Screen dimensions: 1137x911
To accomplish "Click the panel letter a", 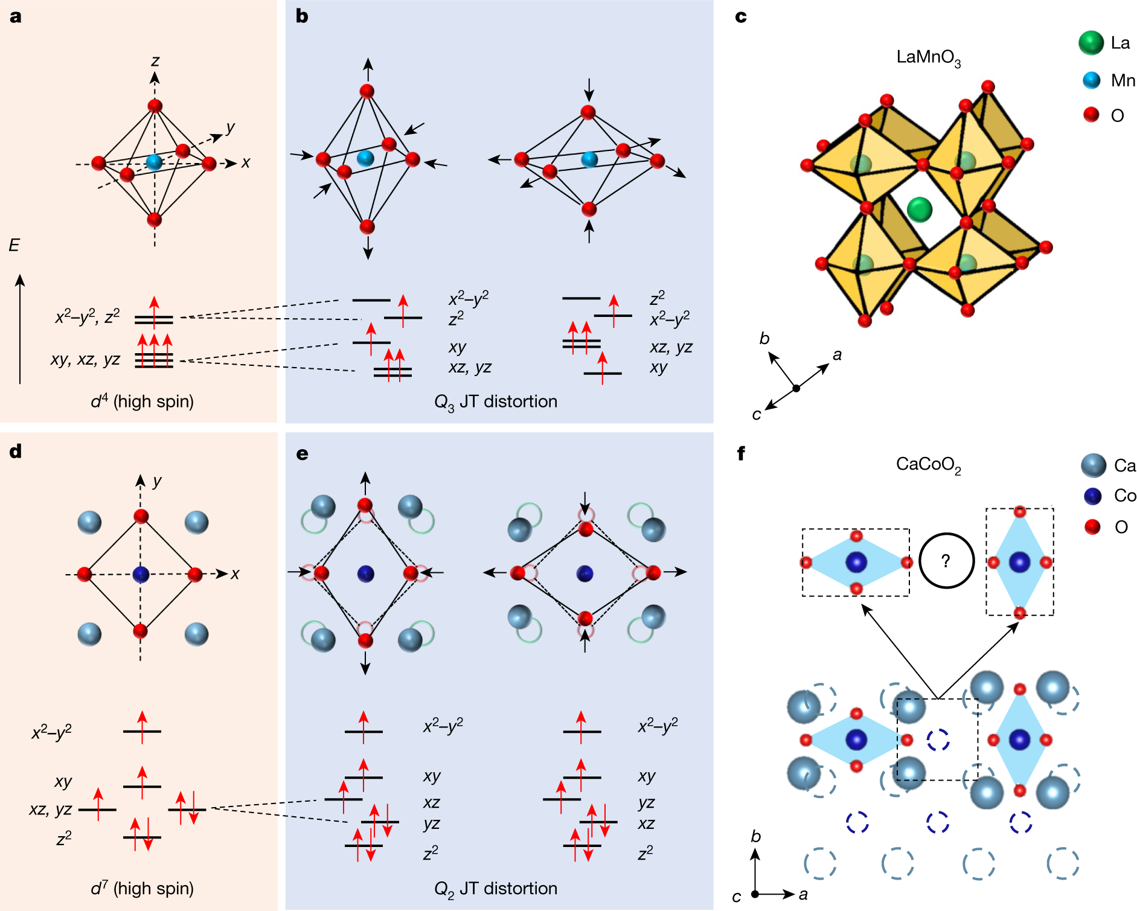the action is point(16,16).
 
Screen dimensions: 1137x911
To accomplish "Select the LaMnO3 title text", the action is point(928,58).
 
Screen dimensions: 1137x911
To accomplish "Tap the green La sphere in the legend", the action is point(1091,43).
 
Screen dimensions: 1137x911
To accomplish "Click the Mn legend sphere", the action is point(1091,80).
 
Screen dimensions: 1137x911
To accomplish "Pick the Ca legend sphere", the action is point(1093,465).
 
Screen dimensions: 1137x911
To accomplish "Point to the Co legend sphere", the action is point(1093,496).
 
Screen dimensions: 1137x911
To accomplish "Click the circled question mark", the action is point(946,561).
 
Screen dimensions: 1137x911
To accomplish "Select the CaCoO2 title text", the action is point(928,465).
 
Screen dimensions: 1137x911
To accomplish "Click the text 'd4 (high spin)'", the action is point(143,401).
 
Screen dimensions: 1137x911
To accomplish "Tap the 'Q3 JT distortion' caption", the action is point(496,402).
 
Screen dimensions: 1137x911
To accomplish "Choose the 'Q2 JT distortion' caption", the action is point(496,889).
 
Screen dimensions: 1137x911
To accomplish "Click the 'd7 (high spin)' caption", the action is point(143,889).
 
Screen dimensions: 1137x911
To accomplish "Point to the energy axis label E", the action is point(14,245).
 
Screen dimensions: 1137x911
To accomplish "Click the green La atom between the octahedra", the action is point(920,209).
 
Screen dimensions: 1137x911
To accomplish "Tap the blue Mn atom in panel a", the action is point(155,161).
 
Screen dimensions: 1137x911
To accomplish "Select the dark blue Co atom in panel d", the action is point(141,574).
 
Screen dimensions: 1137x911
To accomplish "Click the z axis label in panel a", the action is point(155,61).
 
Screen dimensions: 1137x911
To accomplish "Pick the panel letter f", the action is point(741,453).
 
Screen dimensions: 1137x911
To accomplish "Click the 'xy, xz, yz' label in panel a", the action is point(85,360).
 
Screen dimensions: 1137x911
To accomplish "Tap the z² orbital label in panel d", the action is point(64,839).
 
